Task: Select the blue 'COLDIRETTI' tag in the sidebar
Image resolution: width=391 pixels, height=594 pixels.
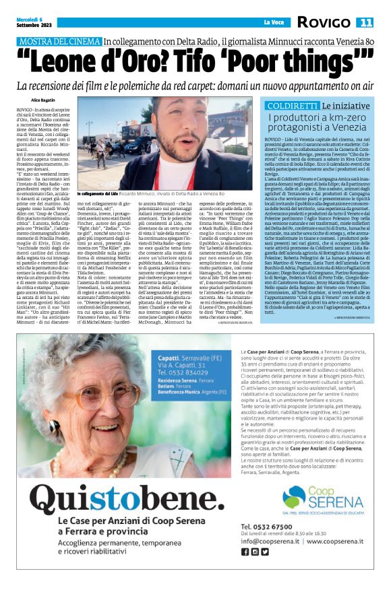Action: pyautogui.click(x=291, y=106)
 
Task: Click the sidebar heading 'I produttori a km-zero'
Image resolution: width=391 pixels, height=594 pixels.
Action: pyautogui.click(x=321, y=119)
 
